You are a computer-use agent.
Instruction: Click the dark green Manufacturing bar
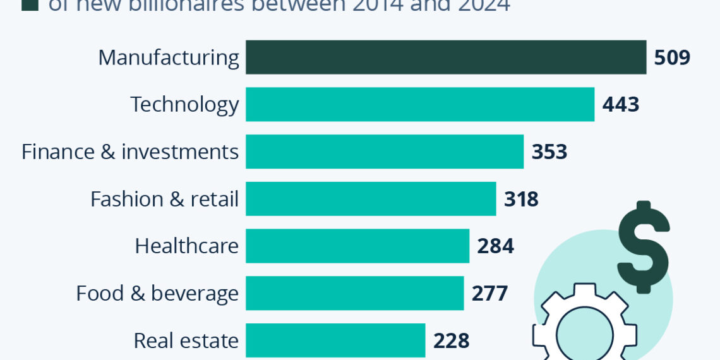coord(446,57)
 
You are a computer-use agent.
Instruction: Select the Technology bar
coord(420,104)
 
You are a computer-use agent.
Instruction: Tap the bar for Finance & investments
coord(385,152)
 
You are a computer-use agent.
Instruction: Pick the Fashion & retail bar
coord(371,199)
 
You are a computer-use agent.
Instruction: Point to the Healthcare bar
coord(357,246)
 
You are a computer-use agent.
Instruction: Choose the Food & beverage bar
coord(354,293)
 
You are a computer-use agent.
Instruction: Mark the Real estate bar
coord(335,340)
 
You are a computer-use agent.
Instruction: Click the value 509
coord(672,57)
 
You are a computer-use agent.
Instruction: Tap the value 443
coord(621,104)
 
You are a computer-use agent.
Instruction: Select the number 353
coord(549,152)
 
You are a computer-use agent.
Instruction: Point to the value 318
coord(521,199)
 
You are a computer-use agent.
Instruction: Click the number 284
coord(495,246)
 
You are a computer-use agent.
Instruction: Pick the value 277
coord(489,293)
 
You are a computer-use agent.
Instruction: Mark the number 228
coord(451,340)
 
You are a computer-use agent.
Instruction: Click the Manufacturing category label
coord(169,57)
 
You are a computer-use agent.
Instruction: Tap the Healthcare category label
coord(186,246)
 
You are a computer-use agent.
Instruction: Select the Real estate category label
coord(186,340)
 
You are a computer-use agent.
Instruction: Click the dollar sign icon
coord(643,246)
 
